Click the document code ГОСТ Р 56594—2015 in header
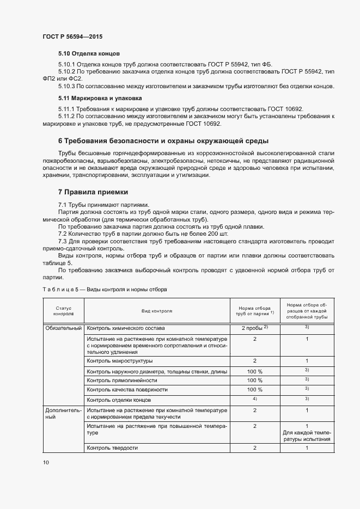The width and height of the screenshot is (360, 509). (72, 36)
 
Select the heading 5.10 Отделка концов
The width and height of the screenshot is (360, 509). (89, 54)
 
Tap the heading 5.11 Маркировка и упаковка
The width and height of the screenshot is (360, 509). (100, 99)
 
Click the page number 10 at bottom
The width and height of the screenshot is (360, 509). (45, 462)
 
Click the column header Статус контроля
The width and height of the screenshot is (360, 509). (63, 311)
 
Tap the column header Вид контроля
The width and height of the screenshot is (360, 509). (157, 311)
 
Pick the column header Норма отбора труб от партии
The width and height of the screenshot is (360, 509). (254, 311)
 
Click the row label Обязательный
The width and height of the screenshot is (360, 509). (63, 329)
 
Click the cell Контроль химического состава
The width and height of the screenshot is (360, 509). (126, 329)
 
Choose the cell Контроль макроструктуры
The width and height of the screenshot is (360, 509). (120, 361)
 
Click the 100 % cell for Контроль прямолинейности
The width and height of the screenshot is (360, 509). (254, 381)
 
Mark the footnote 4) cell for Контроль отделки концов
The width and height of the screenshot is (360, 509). (254, 400)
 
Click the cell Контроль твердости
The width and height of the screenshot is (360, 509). (112, 448)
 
